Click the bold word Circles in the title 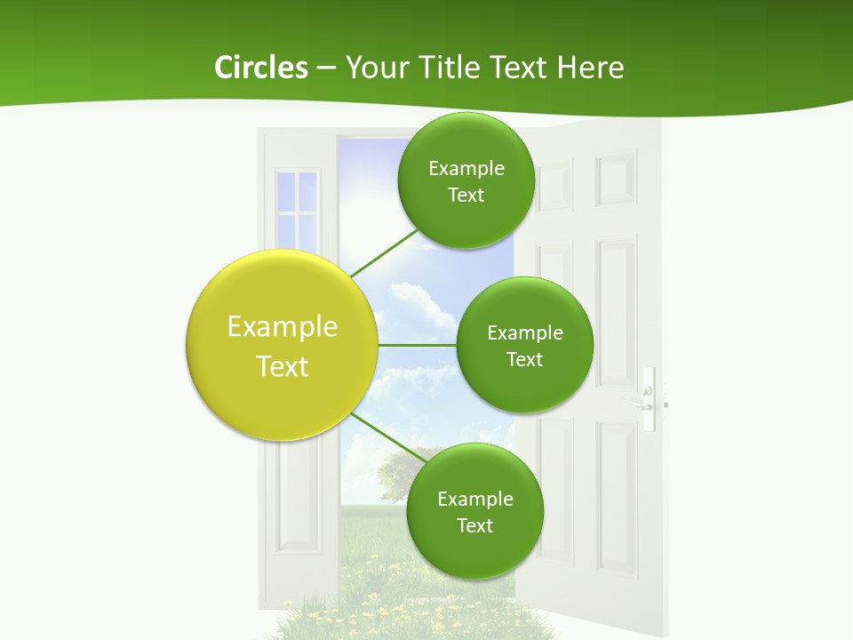click(260, 68)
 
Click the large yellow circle click(282, 345)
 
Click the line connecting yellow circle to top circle click(384, 253)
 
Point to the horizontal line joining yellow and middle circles click(417, 345)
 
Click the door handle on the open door click(648, 401)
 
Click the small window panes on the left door click(297, 209)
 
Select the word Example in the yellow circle click(282, 327)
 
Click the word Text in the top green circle click(466, 196)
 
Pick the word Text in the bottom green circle click(474, 526)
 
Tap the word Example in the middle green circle click(524, 333)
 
